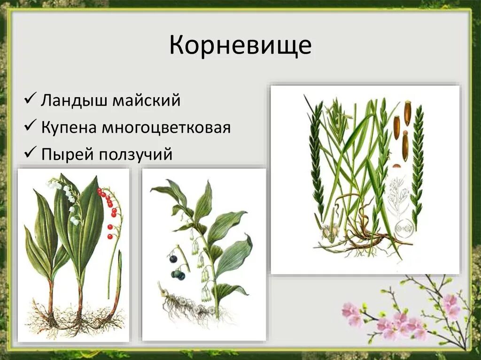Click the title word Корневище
pos(240,46)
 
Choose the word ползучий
pos(136,154)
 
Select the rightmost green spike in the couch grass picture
pos(416,160)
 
